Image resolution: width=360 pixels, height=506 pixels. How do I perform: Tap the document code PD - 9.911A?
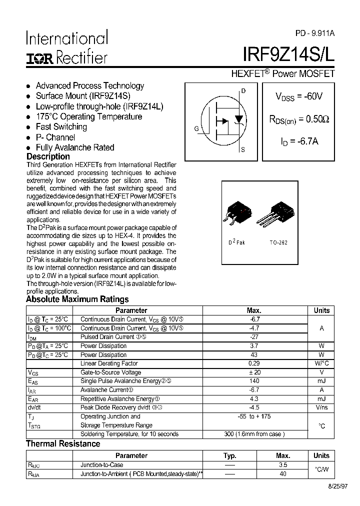click(315, 33)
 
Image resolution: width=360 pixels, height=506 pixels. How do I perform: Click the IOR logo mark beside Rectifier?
click(39, 59)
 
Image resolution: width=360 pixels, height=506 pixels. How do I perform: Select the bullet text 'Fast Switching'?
click(61, 127)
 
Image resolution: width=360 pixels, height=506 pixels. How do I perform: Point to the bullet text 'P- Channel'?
click(55, 137)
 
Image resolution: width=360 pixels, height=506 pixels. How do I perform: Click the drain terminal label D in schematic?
click(243, 91)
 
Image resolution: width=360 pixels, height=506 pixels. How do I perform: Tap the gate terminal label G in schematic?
click(196, 128)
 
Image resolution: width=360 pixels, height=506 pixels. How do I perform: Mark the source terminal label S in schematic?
click(243, 149)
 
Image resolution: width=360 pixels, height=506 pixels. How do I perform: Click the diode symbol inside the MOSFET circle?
click(239, 119)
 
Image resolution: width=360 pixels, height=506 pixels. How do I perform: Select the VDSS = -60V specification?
click(299, 96)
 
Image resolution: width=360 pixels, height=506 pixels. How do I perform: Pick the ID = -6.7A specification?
click(299, 141)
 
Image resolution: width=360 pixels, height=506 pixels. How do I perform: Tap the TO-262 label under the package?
click(278, 242)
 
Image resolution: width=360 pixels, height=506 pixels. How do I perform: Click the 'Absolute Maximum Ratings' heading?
click(77, 299)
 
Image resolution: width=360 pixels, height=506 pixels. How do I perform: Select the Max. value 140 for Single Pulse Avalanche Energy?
click(254, 381)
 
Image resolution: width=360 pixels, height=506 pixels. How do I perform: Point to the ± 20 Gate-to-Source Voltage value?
click(254, 372)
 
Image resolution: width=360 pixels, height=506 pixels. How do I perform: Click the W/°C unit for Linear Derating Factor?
click(321, 363)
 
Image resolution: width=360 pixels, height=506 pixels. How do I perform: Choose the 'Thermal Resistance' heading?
click(63, 444)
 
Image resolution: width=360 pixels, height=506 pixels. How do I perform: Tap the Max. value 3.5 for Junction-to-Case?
click(283, 465)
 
